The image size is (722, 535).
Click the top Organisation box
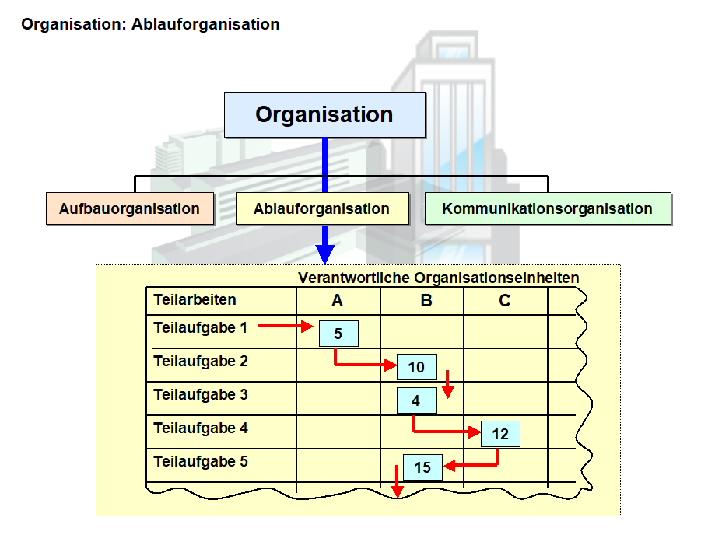(x=324, y=114)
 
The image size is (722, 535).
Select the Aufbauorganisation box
(x=129, y=208)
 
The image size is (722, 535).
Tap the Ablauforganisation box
(x=321, y=208)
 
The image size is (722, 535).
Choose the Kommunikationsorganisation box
(x=547, y=208)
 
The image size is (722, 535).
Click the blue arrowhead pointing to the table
(x=325, y=254)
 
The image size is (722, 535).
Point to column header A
(x=337, y=301)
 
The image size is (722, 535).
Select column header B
(x=426, y=301)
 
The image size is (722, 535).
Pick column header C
(x=504, y=301)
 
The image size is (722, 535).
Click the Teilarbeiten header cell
(x=195, y=300)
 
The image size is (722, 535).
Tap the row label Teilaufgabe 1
(x=200, y=328)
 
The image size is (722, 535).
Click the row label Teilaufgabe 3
(x=200, y=395)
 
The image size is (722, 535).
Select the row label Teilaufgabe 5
(x=200, y=462)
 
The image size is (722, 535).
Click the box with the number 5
(x=338, y=334)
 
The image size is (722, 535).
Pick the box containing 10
(x=416, y=367)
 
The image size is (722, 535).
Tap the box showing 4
(x=416, y=401)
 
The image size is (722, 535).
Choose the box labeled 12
(x=500, y=434)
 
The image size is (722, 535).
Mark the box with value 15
(x=422, y=467)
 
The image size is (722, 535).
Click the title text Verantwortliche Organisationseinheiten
(x=439, y=278)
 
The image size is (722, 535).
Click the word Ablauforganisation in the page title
(x=205, y=24)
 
